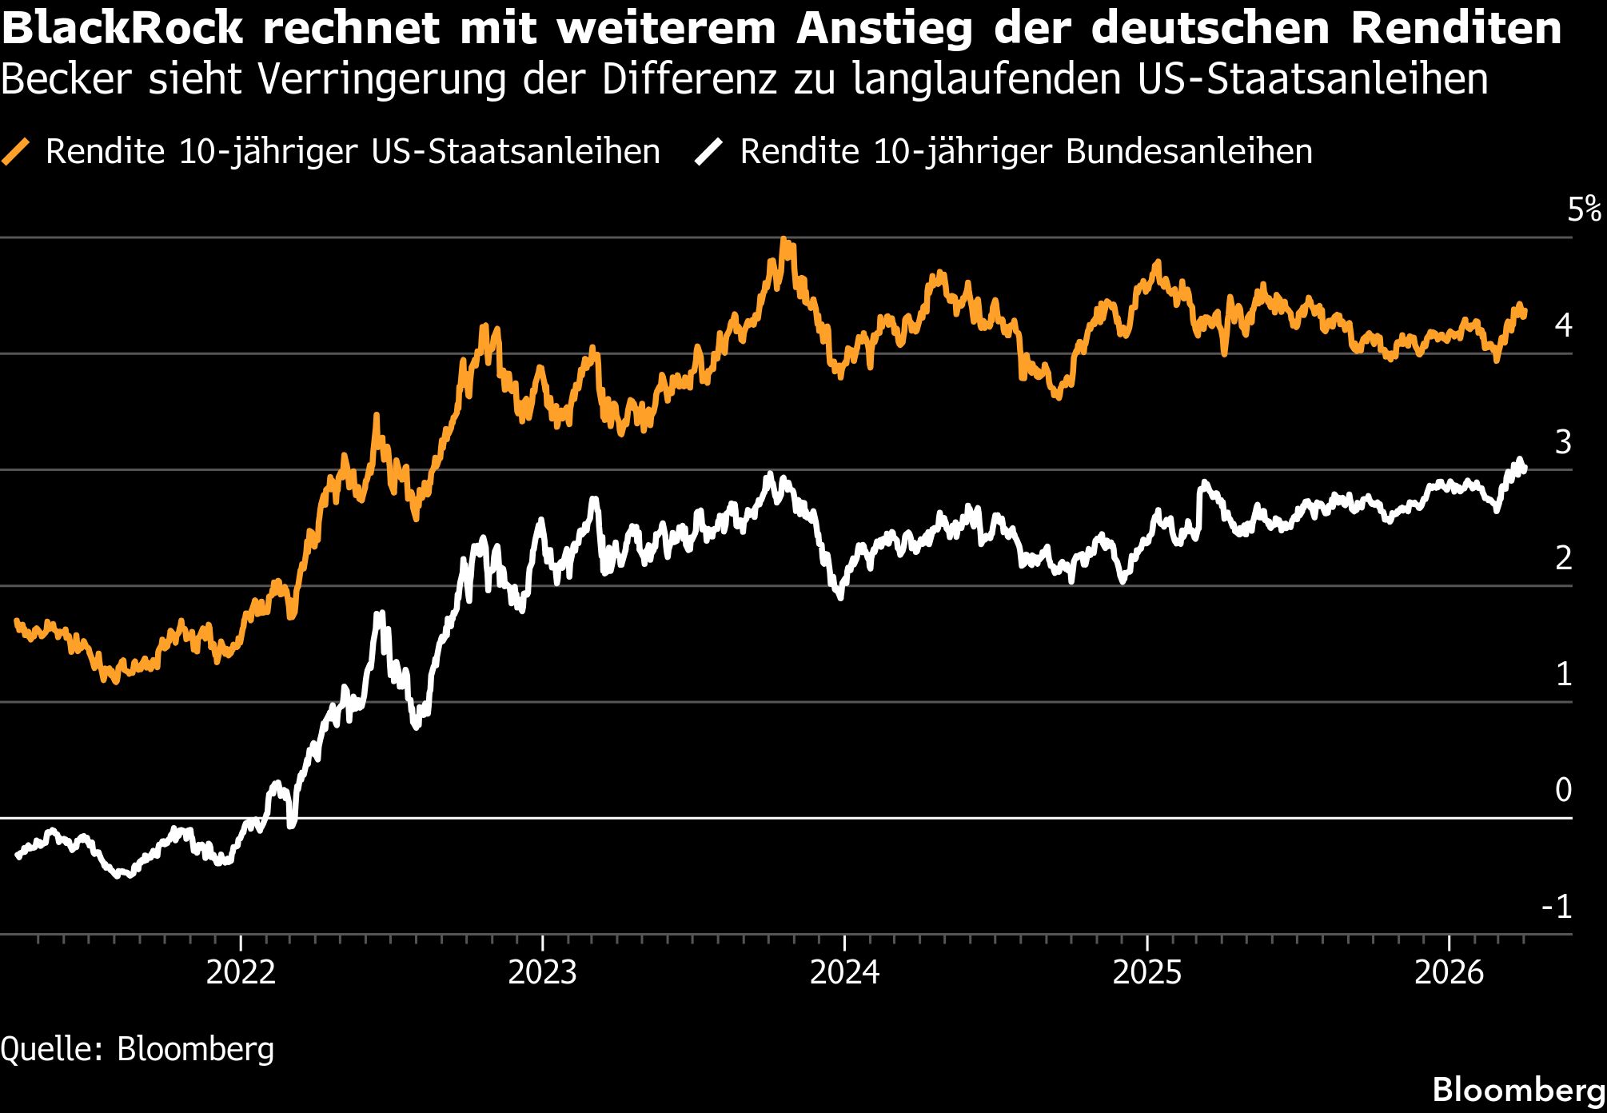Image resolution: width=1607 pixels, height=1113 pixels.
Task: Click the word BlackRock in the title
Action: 122,28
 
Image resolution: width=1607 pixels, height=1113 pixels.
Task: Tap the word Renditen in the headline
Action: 1456,28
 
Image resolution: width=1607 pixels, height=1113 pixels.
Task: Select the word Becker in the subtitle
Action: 66,79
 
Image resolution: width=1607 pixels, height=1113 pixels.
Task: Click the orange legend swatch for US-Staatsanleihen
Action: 16,151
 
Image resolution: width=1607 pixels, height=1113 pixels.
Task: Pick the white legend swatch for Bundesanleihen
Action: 709,151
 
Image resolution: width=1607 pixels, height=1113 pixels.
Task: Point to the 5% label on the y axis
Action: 1584,209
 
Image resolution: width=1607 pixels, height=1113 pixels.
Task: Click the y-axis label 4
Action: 1563,325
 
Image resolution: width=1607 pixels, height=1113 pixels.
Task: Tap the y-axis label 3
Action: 1563,442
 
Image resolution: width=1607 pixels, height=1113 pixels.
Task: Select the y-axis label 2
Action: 1563,558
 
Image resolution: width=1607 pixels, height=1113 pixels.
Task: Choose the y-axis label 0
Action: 1563,790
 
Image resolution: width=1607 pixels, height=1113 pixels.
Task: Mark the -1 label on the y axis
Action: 1557,907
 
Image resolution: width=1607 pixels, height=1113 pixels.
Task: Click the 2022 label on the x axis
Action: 241,972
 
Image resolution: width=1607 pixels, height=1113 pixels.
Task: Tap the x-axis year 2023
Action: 542,972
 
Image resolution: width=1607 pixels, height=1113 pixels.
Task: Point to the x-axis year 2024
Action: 844,972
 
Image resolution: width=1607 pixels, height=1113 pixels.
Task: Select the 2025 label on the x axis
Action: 1146,972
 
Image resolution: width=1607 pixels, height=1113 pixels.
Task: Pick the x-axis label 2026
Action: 1449,972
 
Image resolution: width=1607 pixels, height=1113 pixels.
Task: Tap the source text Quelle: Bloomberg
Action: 138,1049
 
